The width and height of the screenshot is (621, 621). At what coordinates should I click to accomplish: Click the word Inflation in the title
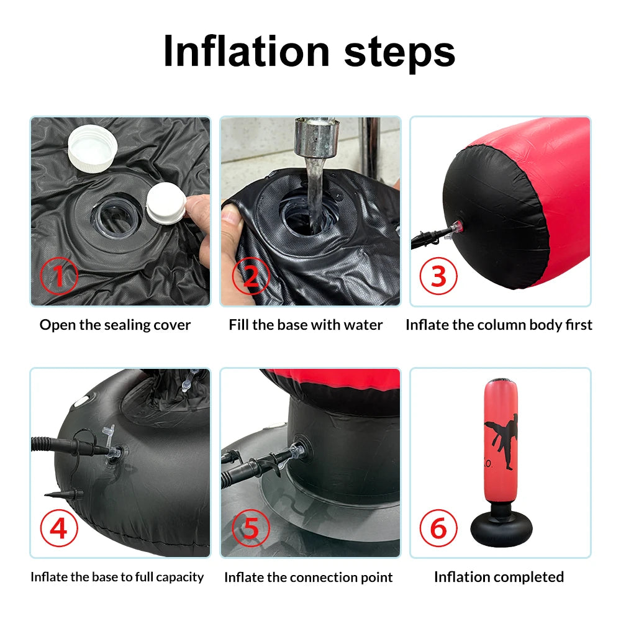click(x=247, y=52)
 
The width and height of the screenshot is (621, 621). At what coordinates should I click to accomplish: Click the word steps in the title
click(x=399, y=54)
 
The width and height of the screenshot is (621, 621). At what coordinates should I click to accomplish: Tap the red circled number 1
click(x=59, y=276)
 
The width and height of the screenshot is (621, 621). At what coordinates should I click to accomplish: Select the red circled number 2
click(x=251, y=276)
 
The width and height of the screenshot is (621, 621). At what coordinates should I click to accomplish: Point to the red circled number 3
click(x=438, y=276)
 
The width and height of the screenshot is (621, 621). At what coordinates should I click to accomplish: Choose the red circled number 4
click(x=59, y=528)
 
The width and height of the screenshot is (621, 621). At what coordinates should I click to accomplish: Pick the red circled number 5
click(x=251, y=528)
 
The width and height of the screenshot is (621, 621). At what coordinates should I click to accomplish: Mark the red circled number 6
click(x=438, y=528)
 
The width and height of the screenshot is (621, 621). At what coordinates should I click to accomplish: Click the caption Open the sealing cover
click(x=116, y=325)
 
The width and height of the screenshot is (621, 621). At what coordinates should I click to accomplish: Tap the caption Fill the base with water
click(x=306, y=325)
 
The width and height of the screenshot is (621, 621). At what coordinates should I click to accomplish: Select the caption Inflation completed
click(x=499, y=577)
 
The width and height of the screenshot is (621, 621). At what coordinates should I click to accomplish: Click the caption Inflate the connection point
click(x=309, y=578)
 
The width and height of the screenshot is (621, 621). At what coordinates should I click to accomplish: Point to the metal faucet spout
click(x=316, y=138)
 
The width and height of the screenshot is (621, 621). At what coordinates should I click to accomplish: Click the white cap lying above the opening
click(x=93, y=148)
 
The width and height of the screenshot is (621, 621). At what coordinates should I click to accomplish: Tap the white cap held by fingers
click(x=166, y=203)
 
